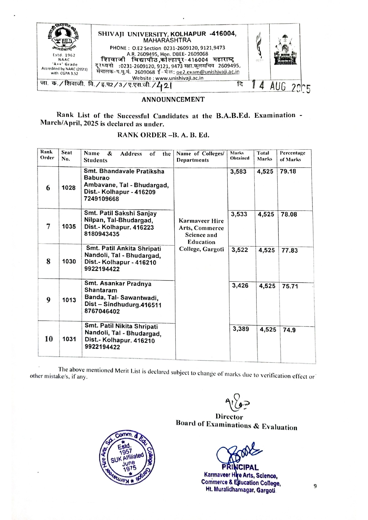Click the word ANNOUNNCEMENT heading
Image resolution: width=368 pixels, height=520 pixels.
click(x=173, y=100)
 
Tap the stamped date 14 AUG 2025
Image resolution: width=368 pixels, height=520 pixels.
click(x=281, y=87)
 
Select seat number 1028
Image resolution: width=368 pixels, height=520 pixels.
click(x=68, y=188)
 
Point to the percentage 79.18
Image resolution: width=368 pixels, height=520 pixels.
click(x=288, y=171)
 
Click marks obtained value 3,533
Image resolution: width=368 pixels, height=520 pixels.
click(x=239, y=214)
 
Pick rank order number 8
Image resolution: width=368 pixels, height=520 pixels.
click(x=48, y=261)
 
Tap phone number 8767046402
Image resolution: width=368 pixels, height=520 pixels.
click(x=102, y=311)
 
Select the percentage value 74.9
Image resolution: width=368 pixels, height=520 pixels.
click(x=289, y=330)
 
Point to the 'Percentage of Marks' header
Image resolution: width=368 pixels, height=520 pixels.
click(x=292, y=156)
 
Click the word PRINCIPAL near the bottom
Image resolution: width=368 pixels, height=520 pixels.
click(x=240, y=468)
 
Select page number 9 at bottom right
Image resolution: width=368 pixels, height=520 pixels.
click(x=315, y=486)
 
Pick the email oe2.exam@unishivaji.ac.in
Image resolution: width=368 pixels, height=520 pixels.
click(x=208, y=72)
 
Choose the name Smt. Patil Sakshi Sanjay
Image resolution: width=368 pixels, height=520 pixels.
click(x=120, y=213)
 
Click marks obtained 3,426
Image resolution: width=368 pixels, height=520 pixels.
click(x=240, y=285)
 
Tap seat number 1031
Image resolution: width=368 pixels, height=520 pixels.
click(x=69, y=339)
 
